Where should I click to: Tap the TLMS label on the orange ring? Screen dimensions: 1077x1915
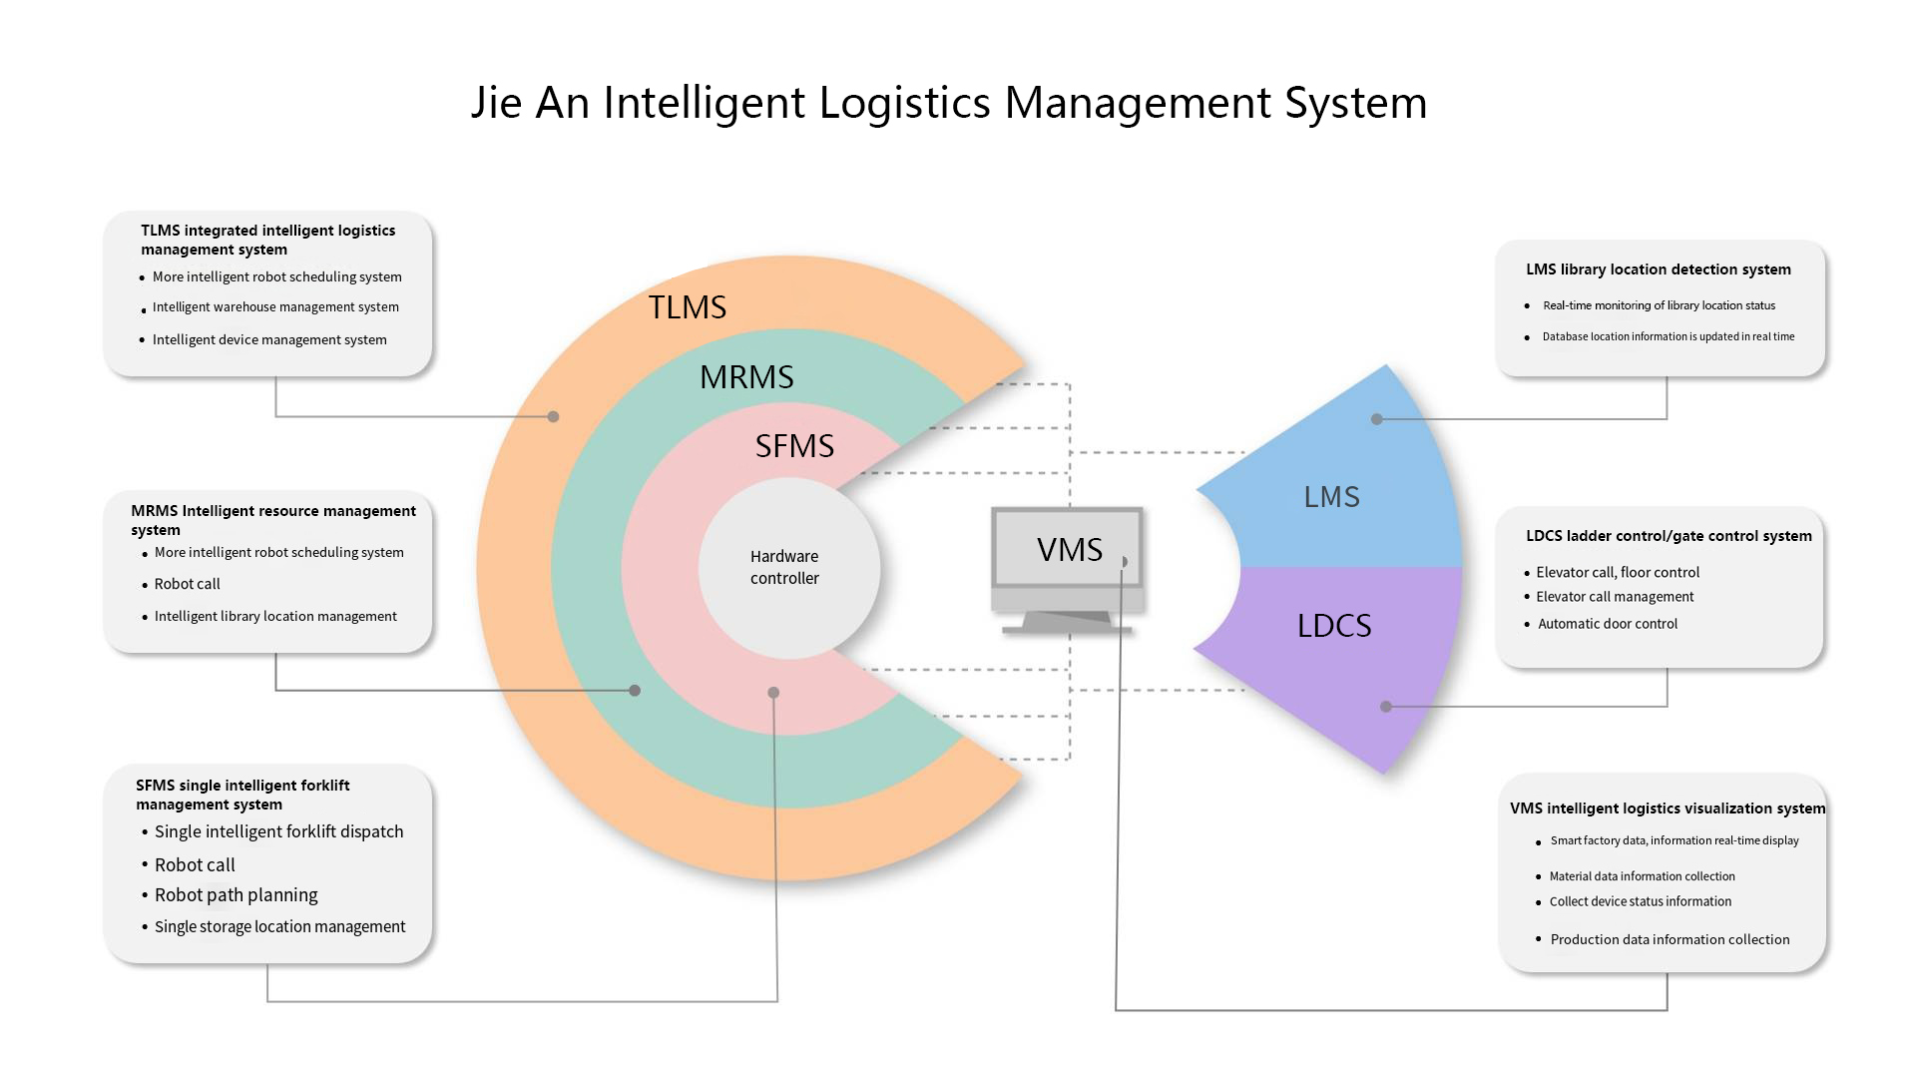click(687, 307)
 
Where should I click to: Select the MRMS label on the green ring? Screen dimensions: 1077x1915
click(746, 377)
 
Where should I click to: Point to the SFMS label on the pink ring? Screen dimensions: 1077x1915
click(794, 446)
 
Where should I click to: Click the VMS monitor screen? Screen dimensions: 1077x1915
click(1068, 549)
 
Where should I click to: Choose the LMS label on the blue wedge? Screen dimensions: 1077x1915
click(1331, 497)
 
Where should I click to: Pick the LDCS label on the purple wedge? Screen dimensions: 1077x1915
click(1334, 626)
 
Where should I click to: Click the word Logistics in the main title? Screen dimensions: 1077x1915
click(904, 103)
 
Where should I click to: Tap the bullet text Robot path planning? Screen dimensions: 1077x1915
click(236, 895)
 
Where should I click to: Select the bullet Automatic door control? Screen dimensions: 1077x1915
click(1607, 624)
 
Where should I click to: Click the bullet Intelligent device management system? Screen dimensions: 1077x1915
click(269, 339)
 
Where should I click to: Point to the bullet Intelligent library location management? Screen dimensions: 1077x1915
click(275, 617)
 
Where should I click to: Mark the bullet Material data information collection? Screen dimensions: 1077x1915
click(1642, 876)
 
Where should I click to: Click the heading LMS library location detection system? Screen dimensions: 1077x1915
click(1658, 269)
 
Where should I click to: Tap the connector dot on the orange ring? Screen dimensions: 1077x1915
click(553, 416)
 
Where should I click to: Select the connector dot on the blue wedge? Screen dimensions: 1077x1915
click(1377, 419)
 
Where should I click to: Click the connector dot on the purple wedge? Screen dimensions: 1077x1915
click(1385, 707)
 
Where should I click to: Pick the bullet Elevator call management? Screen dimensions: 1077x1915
click(1615, 597)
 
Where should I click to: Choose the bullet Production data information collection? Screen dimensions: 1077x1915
click(1670, 939)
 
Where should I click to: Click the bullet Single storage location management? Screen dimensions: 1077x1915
click(279, 927)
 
